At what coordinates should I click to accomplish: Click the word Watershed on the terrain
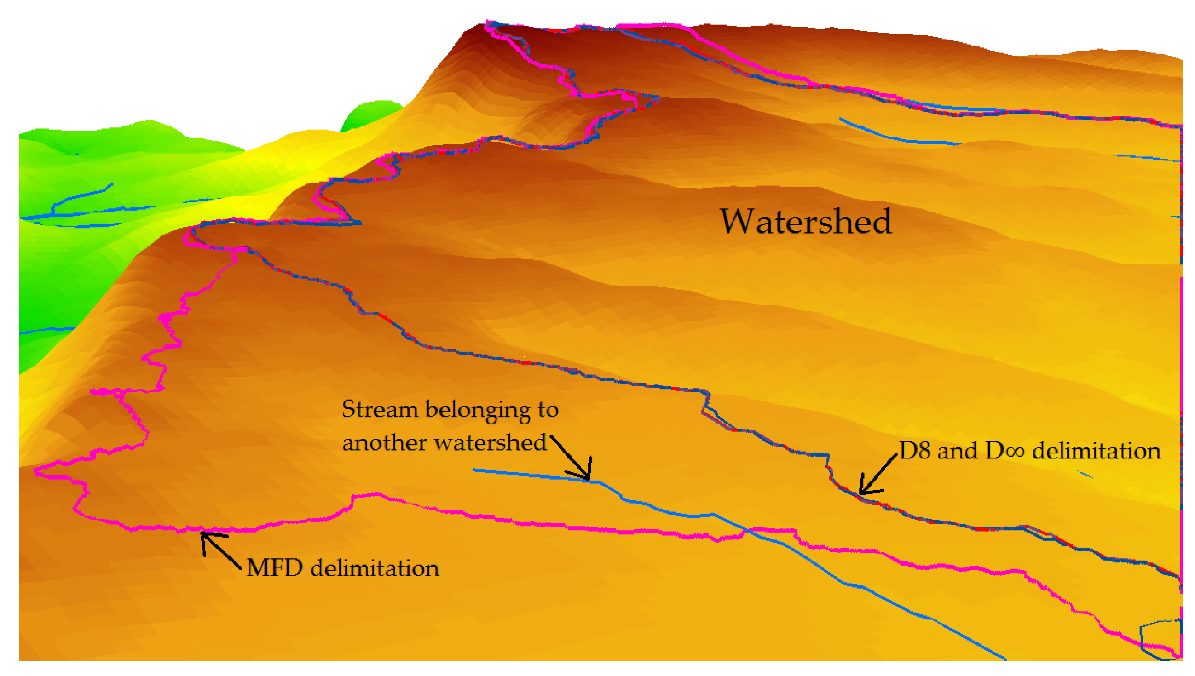click(x=805, y=222)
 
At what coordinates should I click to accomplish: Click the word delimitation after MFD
click(x=375, y=568)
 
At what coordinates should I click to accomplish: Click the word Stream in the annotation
click(x=380, y=409)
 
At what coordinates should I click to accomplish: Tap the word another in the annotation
click(x=384, y=442)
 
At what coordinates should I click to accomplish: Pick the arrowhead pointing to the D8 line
click(x=863, y=491)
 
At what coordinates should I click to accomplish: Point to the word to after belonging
click(x=548, y=410)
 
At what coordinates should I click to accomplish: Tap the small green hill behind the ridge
click(x=371, y=114)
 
